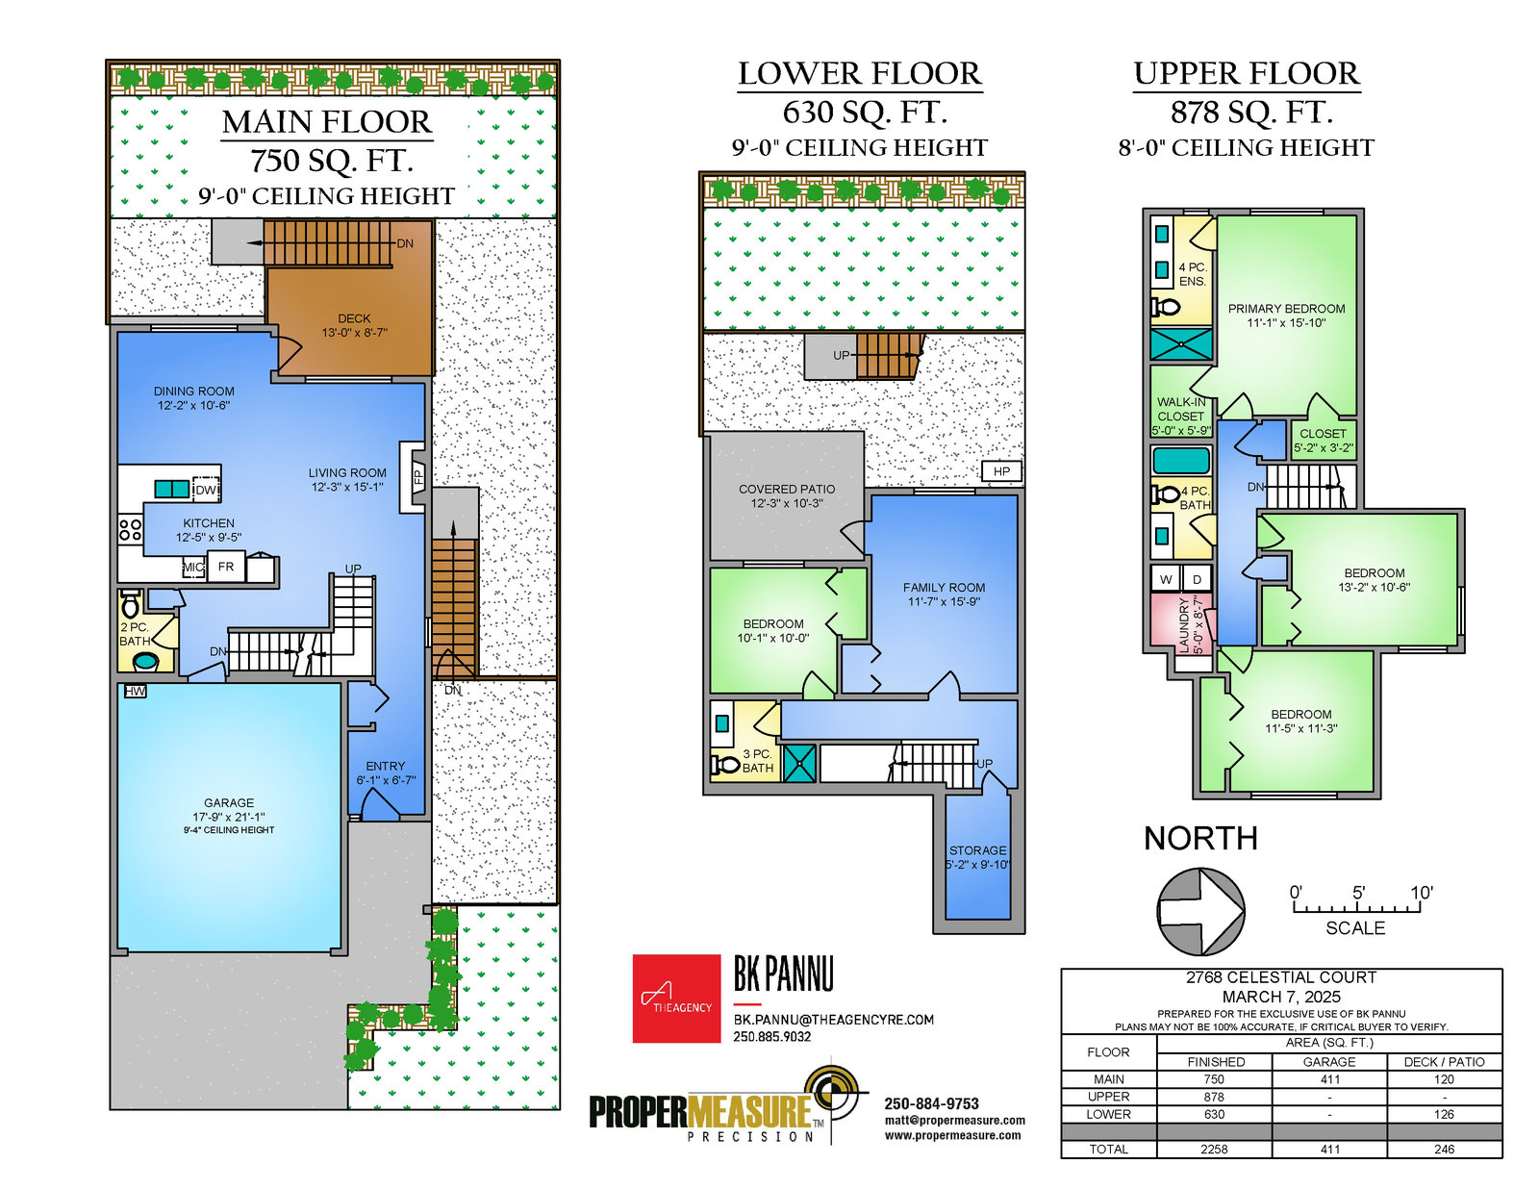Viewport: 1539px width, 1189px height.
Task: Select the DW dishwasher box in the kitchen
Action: click(x=206, y=490)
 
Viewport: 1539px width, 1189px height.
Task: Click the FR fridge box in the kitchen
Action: click(x=226, y=567)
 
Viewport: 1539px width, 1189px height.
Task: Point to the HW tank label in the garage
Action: click(x=136, y=691)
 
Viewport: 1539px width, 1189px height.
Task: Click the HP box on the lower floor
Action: click(x=1000, y=471)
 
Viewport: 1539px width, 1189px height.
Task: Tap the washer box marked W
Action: click(x=1166, y=579)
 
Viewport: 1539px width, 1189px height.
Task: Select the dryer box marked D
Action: click(x=1197, y=579)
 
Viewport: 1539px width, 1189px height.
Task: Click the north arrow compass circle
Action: click(x=1200, y=911)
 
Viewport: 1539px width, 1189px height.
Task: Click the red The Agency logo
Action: click(x=676, y=999)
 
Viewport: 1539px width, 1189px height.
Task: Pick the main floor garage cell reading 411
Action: click(x=1329, y=1079)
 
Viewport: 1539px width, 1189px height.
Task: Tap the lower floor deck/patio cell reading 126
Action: click(x=1444, y=1114)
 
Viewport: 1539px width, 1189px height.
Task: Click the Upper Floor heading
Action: click(x=1247, y=74)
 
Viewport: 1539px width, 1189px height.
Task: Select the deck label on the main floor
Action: click(x=354, y=326)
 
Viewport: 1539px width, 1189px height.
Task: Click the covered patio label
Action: click(x=787, y=496)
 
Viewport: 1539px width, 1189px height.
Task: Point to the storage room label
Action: click(x=977, y=857)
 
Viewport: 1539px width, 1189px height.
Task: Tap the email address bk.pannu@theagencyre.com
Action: click(x=834, y=1020)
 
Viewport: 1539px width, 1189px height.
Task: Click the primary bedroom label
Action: click(x=1286, y=316)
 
